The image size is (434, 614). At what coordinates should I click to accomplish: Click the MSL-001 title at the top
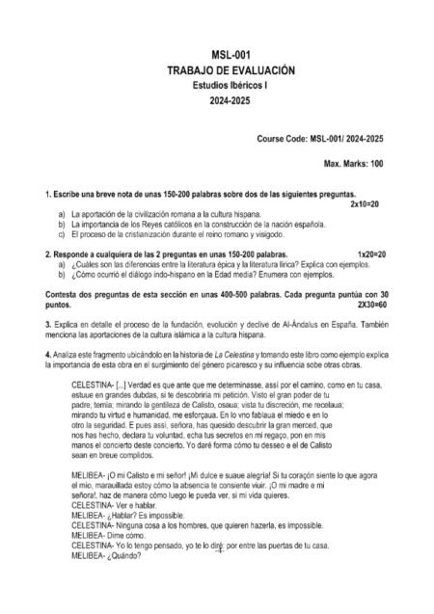coord(217,57)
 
